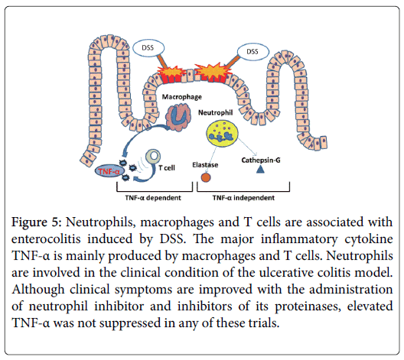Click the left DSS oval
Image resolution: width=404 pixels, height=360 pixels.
pos(148,47)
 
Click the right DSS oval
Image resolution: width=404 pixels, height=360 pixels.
pos(252,51)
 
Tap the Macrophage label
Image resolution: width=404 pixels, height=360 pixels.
pos(182,97)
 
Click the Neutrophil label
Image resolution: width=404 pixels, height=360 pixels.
pos(216,112)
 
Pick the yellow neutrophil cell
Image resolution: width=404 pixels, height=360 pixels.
pos(222,133)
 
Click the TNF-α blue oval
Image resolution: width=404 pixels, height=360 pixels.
pos(109,171)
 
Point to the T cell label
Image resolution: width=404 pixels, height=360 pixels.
pos(167,168)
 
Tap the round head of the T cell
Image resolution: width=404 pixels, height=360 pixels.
pos(153,156)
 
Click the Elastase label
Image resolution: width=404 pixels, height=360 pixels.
pos(205,165)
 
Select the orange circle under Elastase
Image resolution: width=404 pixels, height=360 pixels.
pos(206,177)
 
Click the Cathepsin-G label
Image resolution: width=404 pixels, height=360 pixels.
pos(261,161)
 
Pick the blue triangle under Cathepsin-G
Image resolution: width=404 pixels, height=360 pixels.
pos(260,169)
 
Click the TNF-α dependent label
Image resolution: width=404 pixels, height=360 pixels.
pos(153,198)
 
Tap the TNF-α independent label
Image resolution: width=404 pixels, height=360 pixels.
pos(243,198)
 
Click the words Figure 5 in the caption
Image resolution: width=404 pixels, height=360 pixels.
pos(36,222)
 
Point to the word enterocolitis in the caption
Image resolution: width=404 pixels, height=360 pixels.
pos(46,239)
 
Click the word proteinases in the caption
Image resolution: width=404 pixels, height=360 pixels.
pos(308,306)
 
